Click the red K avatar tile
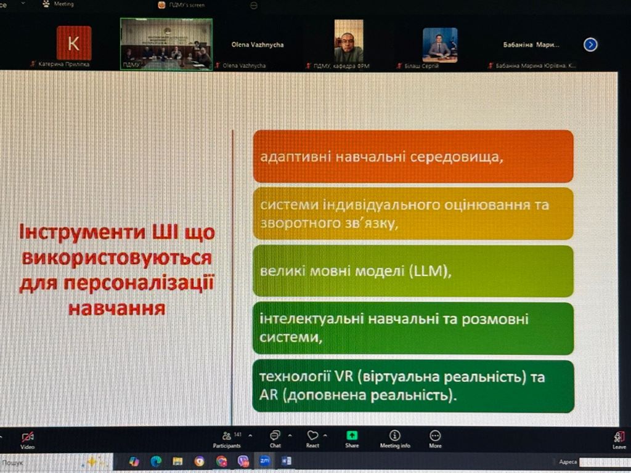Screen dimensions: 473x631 click(74, 43)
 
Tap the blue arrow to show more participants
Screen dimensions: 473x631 click(590, 44)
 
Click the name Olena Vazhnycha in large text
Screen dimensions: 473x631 click(257, 45)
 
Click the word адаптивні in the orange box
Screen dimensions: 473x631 click(293, 156)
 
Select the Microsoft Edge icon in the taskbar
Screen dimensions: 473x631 click(156, 461)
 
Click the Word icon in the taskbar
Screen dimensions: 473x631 click(286, 461)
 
